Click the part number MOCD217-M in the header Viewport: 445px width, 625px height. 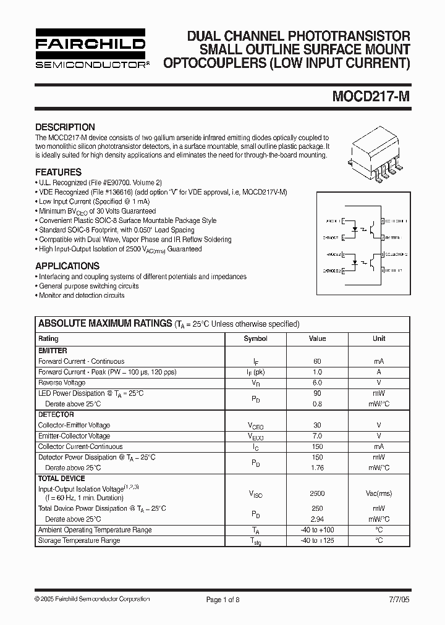tap(371, 98)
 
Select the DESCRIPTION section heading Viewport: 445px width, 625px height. tap(65, 127)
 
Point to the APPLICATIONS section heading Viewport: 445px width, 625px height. tap(67, 266)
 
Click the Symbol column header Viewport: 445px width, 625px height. tap(255, 338)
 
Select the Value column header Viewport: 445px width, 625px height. tap(317, 338)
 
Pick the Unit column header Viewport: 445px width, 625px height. tap(379, 338)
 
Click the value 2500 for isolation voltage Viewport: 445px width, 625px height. tap(317, 493)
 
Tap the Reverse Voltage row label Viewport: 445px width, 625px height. tap(62, 383)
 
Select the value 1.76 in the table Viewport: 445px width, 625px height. tap(317, 468)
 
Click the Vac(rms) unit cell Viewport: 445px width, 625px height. tap(379, 493)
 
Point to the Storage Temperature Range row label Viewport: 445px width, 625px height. tap(79, 540)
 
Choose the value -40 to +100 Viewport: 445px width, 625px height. tap(317, 530)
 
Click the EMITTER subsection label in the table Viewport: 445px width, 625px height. tap(53, 351)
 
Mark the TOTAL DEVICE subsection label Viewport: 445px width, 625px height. tap(62, 479)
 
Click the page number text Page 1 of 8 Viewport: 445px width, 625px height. tap(222, 599)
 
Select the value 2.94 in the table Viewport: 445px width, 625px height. tap(317, 519)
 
